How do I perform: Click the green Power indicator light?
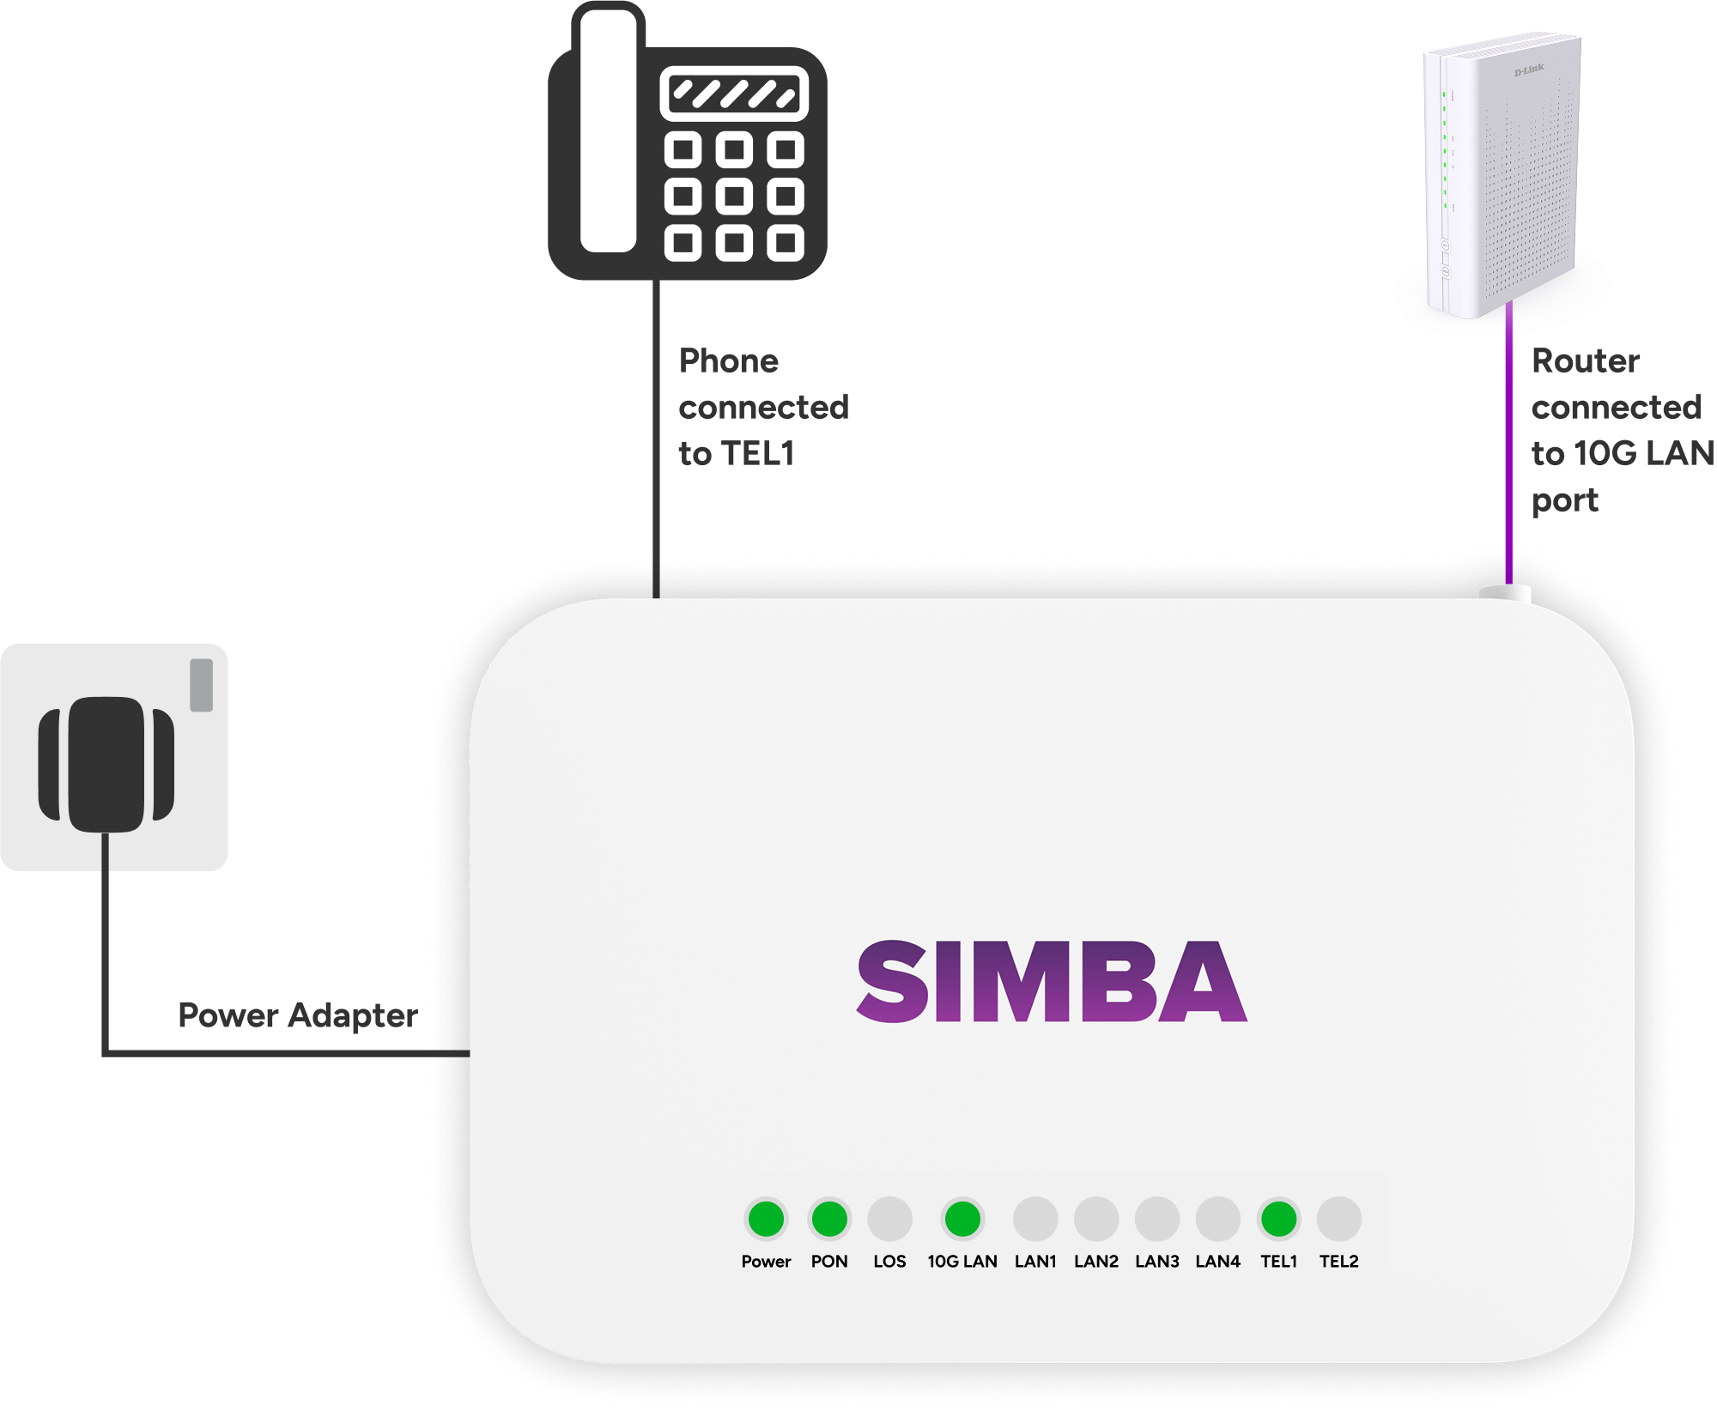(x=766, y=1219)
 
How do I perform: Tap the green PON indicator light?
(x=829, y=1219)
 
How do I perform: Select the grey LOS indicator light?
(x=889, y=1219)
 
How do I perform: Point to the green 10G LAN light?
(x=962, y=1219)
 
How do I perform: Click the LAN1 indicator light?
(x=1035, y=1219)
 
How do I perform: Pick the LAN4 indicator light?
(x=1217, y=1219)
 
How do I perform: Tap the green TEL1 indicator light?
(x=1278, y=1219)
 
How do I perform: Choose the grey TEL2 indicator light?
(x=1339, y=1219)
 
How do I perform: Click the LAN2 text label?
(x=1096, y=1261)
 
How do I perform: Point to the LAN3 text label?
(x=1157, y=1261)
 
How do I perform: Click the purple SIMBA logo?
(x=1052, y=981)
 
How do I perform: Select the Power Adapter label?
(x=297, y=1015)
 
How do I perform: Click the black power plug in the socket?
(x=106, y=764)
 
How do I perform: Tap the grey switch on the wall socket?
(x=202, y=685)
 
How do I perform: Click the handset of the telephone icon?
(x=609, y=133)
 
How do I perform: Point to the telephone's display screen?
(x=735, y=94)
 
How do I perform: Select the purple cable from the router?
(x=1509, y=446)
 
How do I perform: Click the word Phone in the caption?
(x=729, y=361)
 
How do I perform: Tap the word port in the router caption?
(x=1565, y=500)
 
